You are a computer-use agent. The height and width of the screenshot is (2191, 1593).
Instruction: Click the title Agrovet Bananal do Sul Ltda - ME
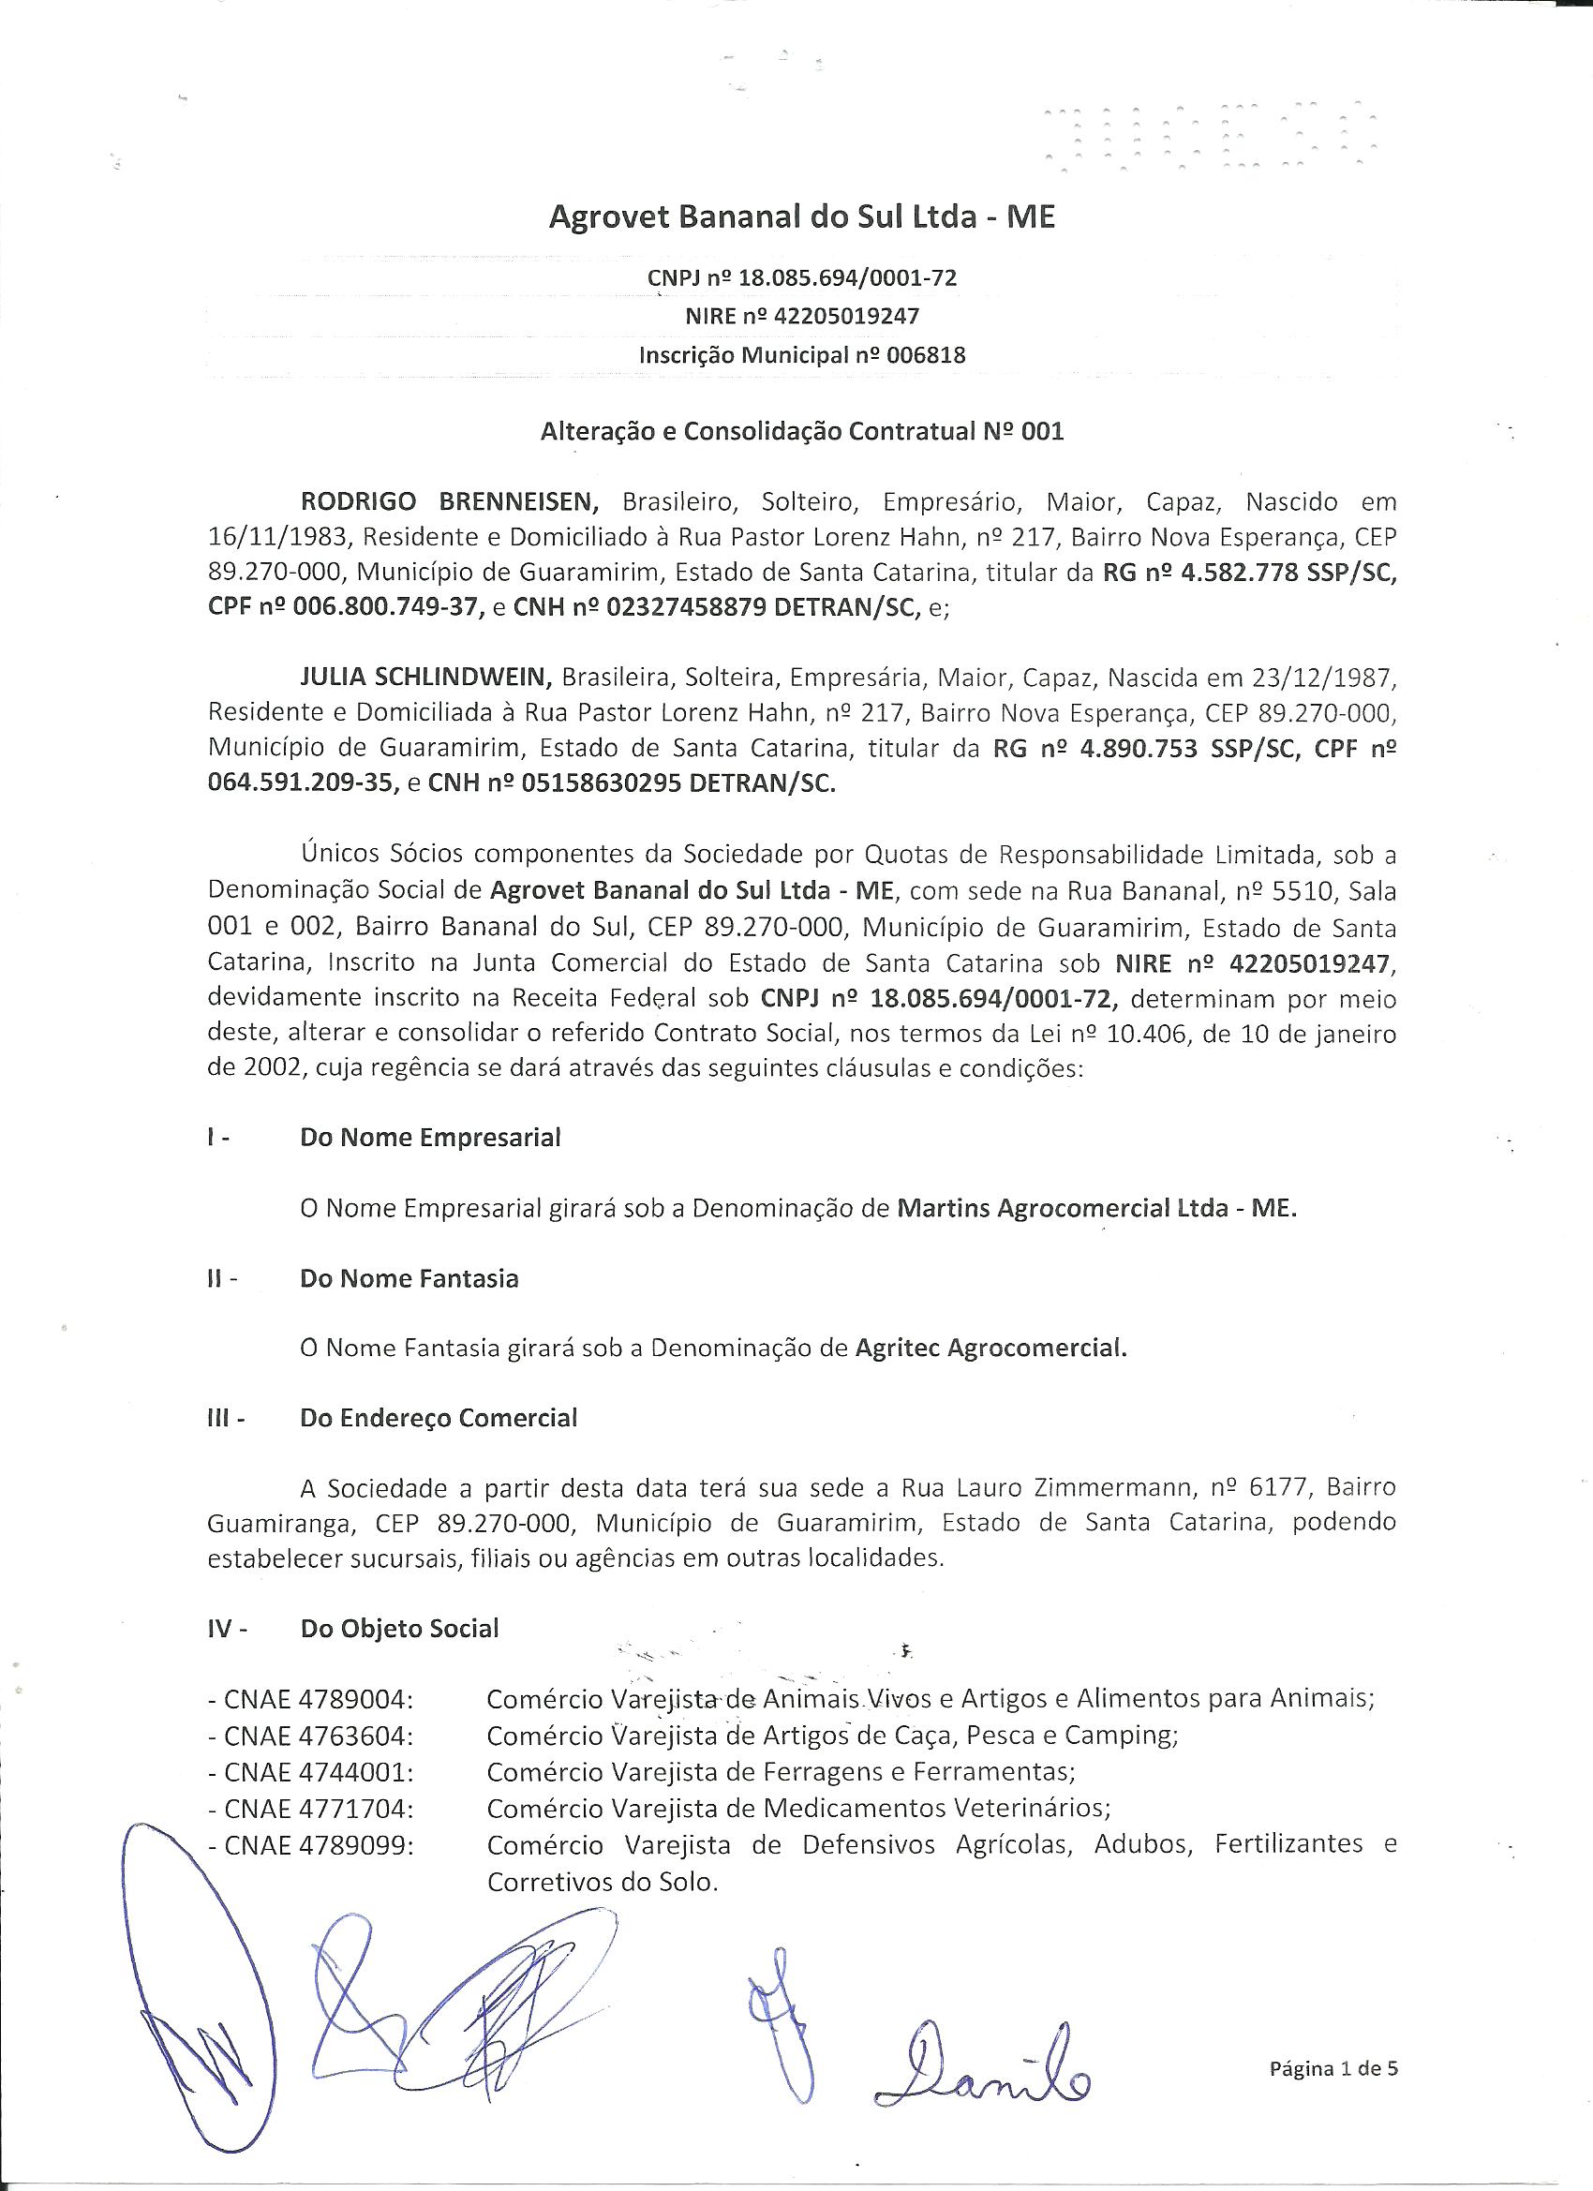click(801, 217)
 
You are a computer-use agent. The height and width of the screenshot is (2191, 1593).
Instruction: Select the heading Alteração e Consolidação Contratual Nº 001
click(801, 431)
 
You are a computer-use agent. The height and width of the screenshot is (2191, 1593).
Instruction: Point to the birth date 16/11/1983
click(262, 537)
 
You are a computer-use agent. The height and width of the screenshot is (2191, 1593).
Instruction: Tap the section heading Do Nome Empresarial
click(430, 1137)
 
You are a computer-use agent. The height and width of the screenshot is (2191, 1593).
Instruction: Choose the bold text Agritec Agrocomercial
click(991, 1348)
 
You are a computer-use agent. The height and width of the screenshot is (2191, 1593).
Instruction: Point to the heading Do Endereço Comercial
click(439, 1418)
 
